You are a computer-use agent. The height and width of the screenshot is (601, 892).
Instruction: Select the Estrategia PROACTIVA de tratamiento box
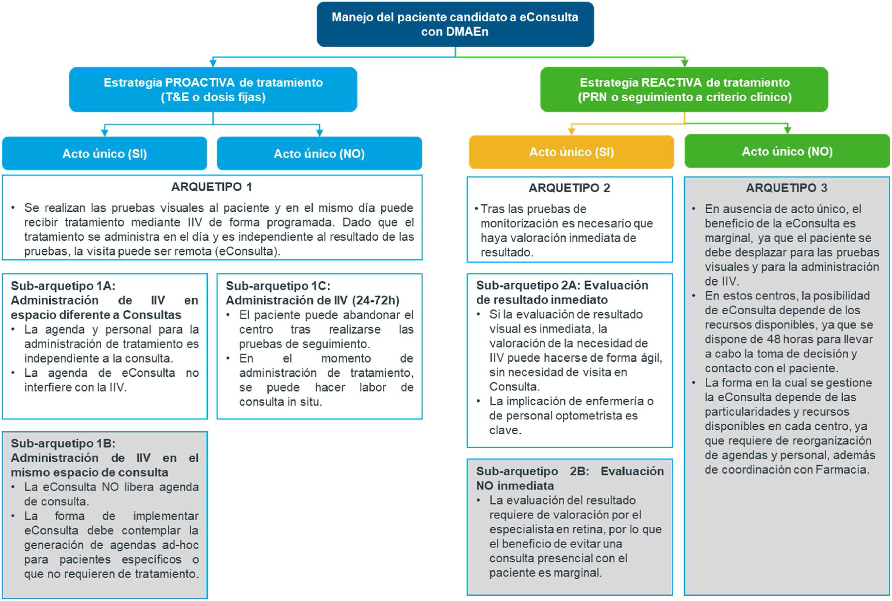point(213,89)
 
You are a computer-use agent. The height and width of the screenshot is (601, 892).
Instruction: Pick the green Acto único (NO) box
point(787,152)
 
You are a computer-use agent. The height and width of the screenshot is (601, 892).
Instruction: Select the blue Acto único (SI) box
point(105,153)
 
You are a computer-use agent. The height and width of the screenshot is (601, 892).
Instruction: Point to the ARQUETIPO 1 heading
point(212,187)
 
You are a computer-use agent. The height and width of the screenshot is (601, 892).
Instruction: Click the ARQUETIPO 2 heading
point(569,188)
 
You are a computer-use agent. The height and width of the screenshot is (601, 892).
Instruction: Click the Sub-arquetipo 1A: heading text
point(63,286)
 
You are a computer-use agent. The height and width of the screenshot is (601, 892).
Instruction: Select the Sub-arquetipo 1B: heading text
point(63,443)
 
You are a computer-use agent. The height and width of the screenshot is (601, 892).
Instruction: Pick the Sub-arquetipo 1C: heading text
point(278,286)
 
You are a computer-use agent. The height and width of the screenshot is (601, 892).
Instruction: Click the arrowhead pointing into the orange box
point(571,131)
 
